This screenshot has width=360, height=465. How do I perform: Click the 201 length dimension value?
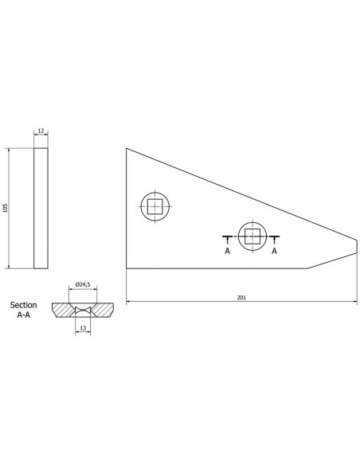coord(241,298)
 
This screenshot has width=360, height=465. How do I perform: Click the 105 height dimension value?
coord(5,208)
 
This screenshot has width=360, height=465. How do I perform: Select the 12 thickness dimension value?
coord(41,132)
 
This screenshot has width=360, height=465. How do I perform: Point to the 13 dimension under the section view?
coord(83,326)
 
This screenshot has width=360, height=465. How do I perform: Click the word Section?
coord(25,305)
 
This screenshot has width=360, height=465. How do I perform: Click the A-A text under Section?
coord(25,315)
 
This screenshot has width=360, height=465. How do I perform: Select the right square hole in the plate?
coord(252,236)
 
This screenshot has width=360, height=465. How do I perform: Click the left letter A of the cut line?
coord(227,250)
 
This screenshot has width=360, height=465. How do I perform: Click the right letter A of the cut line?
coord(275,250)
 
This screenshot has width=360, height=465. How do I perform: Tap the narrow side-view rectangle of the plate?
coord(41,208)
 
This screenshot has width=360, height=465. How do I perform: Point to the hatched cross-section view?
coord(83,308)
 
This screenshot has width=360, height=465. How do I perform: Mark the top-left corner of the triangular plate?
coord(127,149)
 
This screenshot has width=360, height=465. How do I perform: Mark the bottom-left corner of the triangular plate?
coord(127,268)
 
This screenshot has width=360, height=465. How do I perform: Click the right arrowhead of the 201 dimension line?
coord(354,303)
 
